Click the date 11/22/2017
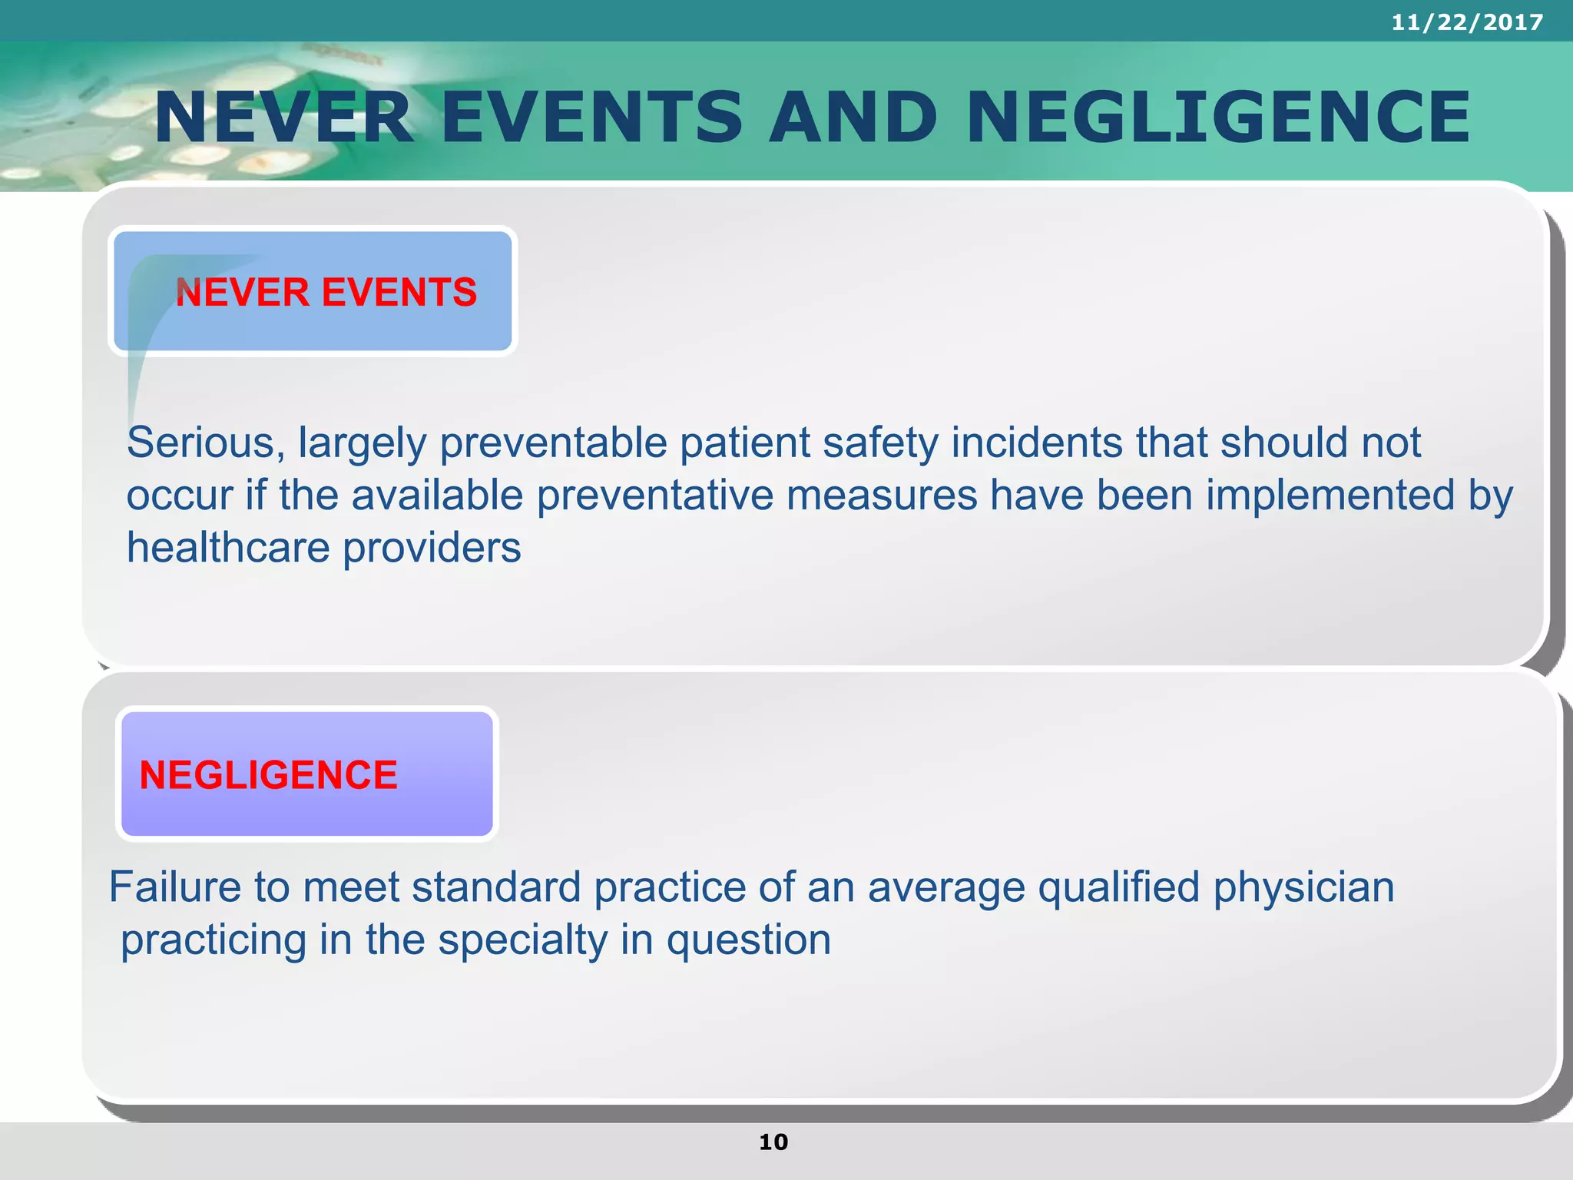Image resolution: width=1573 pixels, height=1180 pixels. pyautogui.click(x=1467, y=22)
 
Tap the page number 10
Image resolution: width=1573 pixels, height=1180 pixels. pyautogui.click(x=773, y=1142)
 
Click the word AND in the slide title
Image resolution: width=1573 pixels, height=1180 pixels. pyautogui.click(x=853, y=117)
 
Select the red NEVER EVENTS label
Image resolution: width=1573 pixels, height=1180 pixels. pyautogui.click(x=326, y=293)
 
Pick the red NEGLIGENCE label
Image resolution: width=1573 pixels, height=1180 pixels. pyautogui.click(x=268, y=775)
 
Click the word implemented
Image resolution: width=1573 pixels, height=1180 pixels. pyautogui.click(x=1330, y=496)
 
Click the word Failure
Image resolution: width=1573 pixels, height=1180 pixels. pyautogui.click(x=175, y=887)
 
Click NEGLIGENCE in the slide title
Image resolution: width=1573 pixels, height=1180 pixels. pyautogui.click(x=1218, y=117)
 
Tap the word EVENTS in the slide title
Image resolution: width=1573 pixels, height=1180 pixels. pyautogui.click(x=592, y=117)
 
